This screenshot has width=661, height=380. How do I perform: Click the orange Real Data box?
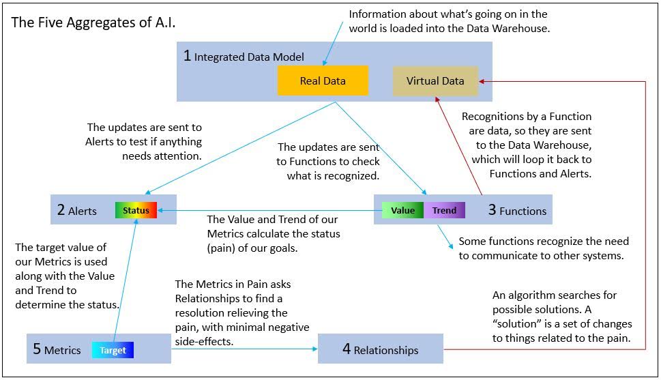(323, 81)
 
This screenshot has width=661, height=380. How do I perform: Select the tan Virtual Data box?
(435, 81)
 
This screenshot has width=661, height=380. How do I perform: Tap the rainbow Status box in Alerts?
(136, 210)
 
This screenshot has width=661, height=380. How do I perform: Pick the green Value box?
(402, 210)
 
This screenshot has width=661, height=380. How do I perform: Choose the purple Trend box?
(444, 210)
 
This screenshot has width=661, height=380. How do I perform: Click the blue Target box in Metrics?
(113, 350)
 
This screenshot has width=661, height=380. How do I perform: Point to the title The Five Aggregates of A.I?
(93, 22)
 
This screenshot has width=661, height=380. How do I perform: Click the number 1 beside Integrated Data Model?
(187, 56)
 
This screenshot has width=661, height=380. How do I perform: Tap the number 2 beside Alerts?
(61, 211)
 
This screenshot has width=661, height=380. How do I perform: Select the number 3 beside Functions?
(492, 210)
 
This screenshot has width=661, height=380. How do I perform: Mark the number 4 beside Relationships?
(347, 349)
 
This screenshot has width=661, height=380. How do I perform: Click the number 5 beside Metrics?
(37, 349)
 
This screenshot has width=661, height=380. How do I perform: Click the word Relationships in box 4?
(386, 350)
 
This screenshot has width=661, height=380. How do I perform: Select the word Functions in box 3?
(523, 211)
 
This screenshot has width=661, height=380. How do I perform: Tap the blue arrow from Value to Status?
(266, 211)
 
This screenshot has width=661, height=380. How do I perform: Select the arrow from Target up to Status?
(136, 273)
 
